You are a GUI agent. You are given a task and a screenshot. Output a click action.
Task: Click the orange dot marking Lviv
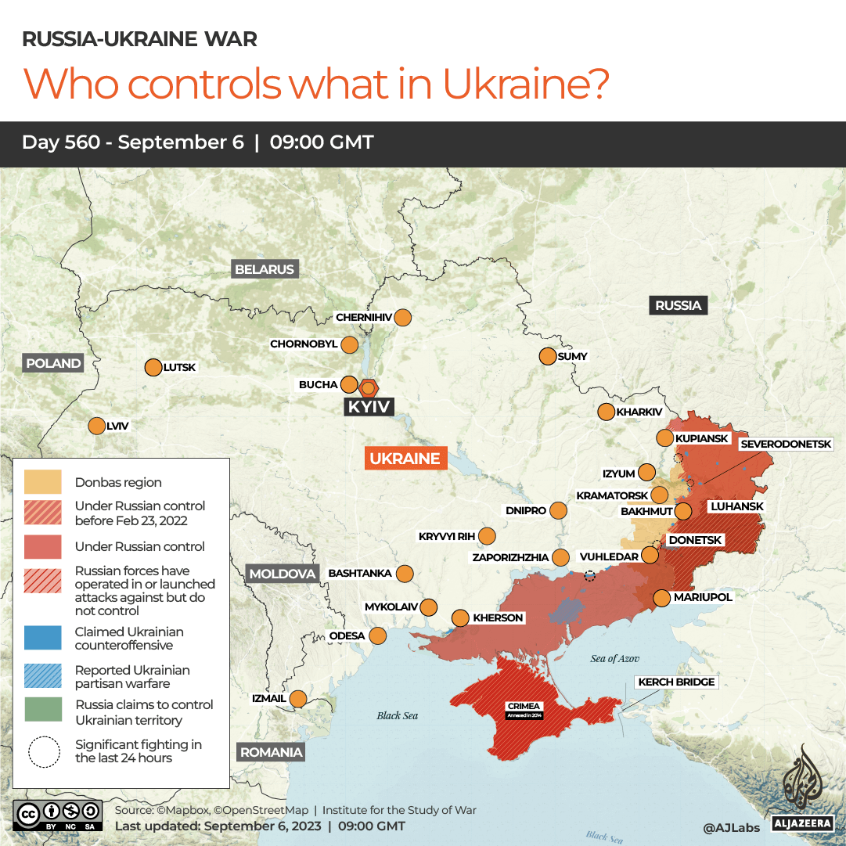pos(96,426)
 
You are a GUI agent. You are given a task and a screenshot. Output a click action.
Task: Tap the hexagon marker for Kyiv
pos(369,387)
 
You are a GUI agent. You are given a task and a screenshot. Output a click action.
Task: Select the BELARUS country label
pos(265,269)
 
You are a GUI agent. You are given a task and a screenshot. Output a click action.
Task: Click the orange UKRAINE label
pos(405,459)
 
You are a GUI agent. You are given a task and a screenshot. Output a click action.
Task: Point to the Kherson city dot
pos(460,617)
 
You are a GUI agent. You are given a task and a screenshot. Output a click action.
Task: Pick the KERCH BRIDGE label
pos(676,682)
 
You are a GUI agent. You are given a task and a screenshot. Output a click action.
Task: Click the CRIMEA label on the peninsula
pos(524,706)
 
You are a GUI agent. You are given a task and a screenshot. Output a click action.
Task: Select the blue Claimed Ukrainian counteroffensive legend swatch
pos(43,638)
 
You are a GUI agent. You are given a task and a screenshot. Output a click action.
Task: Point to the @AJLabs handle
pos(730,826)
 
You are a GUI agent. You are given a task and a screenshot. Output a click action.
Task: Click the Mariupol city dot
pos(661,598)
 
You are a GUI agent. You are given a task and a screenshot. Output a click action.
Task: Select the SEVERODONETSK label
pos(786,444)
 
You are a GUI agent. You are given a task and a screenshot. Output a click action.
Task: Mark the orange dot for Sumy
pos(547,356)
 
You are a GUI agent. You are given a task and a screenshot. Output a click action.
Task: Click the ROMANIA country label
pos(271,752)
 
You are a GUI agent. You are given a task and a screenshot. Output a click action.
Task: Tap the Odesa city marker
pos(377,635)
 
